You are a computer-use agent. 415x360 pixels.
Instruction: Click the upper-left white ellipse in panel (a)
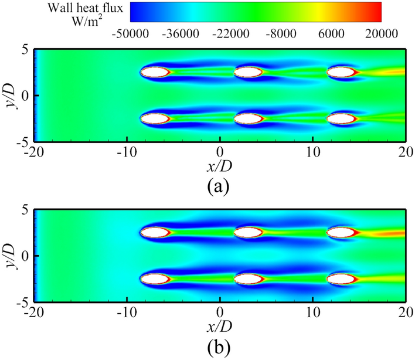pyautogui.click(x=155, y=72)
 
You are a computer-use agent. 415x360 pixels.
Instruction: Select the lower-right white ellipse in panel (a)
pyautogui.click(x=342, y=118)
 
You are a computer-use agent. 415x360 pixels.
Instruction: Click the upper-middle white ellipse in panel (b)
pyautogui.click(x=249, y=233)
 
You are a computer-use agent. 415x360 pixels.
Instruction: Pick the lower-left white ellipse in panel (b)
pyautogui.click(x=155, y=279)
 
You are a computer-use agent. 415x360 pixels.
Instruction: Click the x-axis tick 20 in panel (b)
pyautogui.click(x=404, y=311)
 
